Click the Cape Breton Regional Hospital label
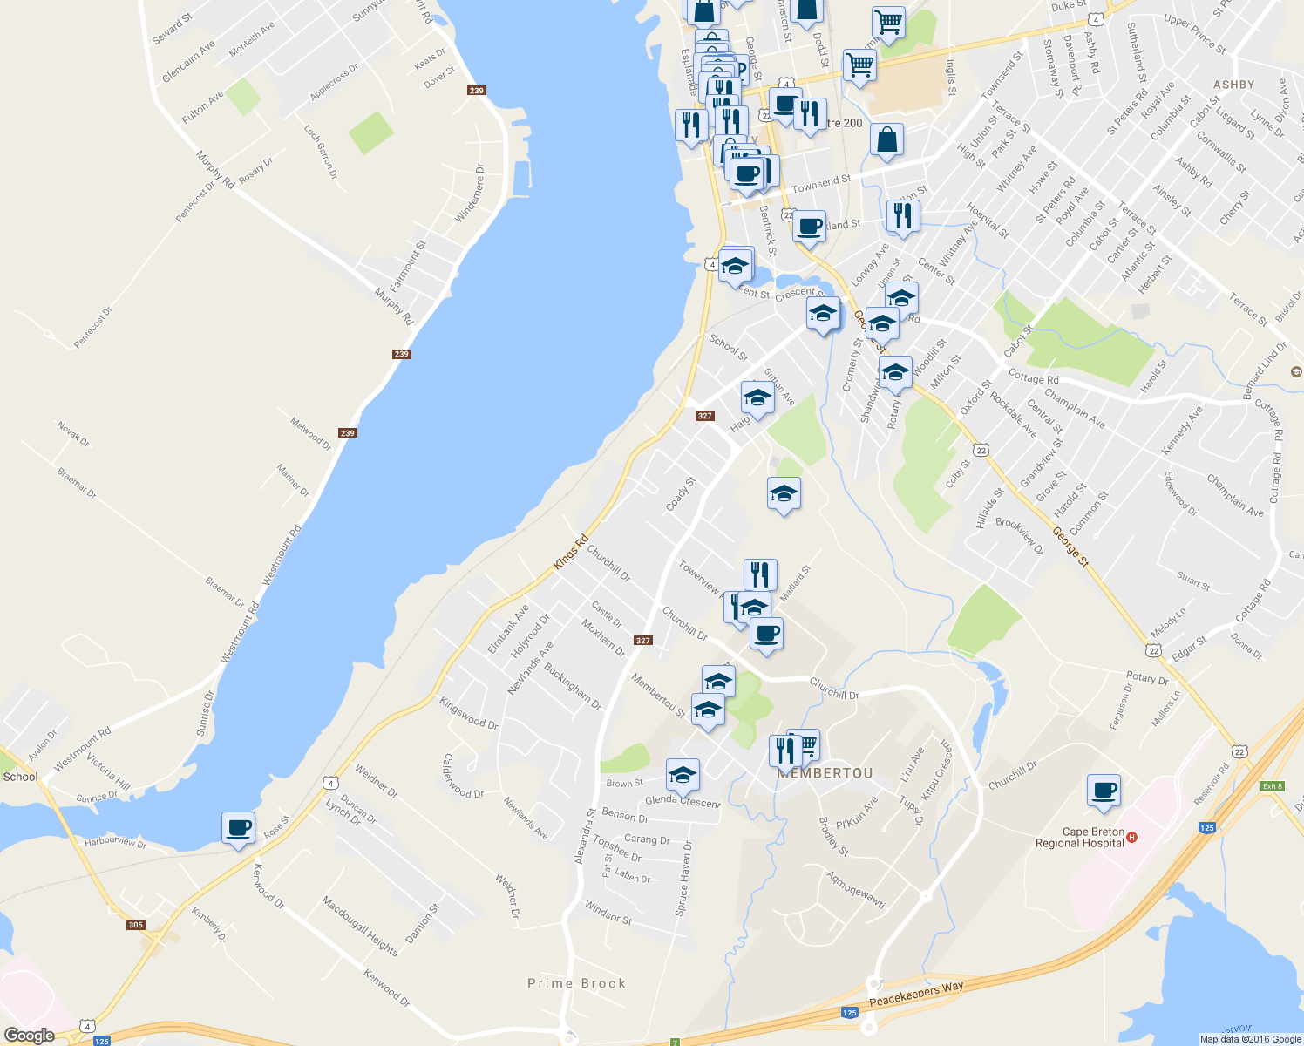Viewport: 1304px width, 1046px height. click(x=1080, y=838)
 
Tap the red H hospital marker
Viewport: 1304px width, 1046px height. click(x=1131, y=838)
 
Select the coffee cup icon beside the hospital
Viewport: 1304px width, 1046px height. click(x=1104, y=791)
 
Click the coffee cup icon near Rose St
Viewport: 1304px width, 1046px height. click(x=238, y=827)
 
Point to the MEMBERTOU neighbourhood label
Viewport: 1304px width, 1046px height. click(x=825, y=773)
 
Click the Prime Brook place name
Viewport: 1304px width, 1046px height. click(x=576, y=983)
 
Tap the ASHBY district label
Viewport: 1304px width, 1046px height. click(x=1233, y=85)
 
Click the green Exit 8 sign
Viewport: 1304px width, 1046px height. click(x=1273, y=786)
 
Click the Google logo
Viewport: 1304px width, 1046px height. click(x=29, y=1035)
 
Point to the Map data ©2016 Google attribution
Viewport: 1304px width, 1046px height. click(x=1250, y=1039)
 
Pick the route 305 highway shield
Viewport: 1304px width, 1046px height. click(x=135, y=925)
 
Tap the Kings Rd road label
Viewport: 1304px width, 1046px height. click(x=571, y=554)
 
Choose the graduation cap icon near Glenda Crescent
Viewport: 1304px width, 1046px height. click(x=683, y=775)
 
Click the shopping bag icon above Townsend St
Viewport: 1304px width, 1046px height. click(x=886, y=139)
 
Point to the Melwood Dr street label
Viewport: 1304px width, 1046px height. click(x=311, y=433)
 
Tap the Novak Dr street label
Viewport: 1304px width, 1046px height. click(x=73, y=433)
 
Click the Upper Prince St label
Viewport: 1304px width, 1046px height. click(x=1194, y=34)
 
